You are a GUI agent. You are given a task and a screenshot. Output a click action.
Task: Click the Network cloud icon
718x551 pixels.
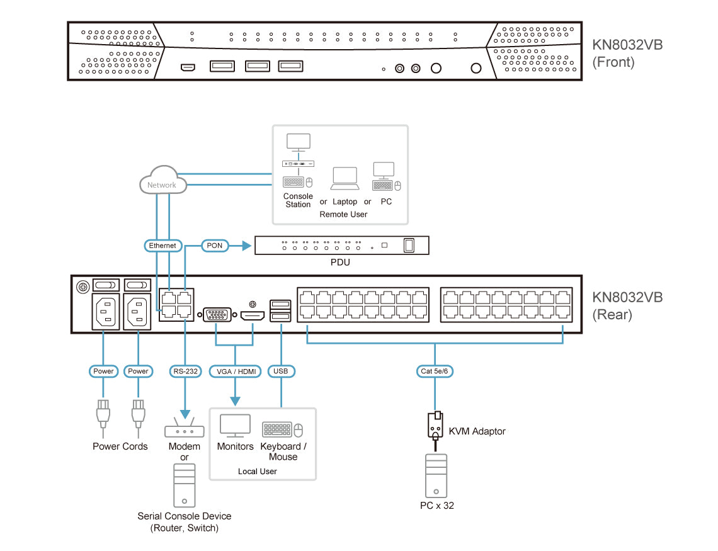pos(162,182)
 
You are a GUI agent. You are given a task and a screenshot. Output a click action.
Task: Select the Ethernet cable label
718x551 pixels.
pos(162,245)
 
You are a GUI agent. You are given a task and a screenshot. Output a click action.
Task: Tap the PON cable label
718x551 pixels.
pos(215,245)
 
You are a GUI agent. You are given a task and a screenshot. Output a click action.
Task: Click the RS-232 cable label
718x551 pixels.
pos(185,371)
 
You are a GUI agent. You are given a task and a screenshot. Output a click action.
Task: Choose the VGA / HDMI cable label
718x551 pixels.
pos(236,371)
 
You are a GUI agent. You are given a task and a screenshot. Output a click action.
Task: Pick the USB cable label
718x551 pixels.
pos(281,371)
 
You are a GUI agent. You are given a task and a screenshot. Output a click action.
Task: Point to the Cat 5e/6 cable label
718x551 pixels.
pos(435,371)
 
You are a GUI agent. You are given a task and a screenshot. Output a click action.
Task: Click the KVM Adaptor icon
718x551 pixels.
pos(435,426)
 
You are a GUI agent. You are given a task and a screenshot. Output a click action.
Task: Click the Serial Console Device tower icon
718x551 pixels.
pos(185,485)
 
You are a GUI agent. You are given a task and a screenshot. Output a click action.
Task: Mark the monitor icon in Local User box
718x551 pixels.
pos(235,426)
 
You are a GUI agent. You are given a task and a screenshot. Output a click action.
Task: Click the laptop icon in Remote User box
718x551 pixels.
pos(345,179)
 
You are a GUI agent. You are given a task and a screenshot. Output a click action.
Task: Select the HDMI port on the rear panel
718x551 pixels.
pos(253,314)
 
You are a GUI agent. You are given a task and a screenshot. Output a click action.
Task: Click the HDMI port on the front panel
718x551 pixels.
pos(187,67)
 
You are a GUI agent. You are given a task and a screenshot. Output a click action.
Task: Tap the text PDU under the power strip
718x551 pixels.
pos(340,262)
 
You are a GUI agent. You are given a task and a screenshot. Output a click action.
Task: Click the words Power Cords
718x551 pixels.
pos(120,446)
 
